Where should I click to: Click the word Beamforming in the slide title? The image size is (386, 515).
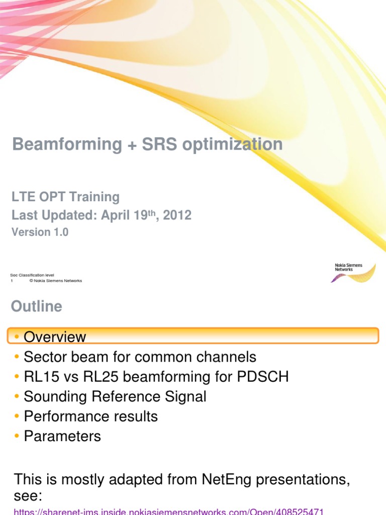(x=67, y=144)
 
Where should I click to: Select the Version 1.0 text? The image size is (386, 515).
(x=40, y=232)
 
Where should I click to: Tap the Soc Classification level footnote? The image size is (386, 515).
(x=32, y=275)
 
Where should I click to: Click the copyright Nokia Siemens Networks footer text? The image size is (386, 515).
(x=55, y=281)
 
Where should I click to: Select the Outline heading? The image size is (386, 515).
(x=37, y=306)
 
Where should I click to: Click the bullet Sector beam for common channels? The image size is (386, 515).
(x=140, y=357)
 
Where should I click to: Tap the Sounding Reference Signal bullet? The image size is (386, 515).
(x=115, y=396)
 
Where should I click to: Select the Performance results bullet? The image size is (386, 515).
(x=90, y=416)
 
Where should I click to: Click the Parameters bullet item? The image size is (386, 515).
(x=62, y=436)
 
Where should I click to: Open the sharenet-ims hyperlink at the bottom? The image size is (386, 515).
(x=168, y=511)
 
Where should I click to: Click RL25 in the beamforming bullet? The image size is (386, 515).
(x=85, y=377)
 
